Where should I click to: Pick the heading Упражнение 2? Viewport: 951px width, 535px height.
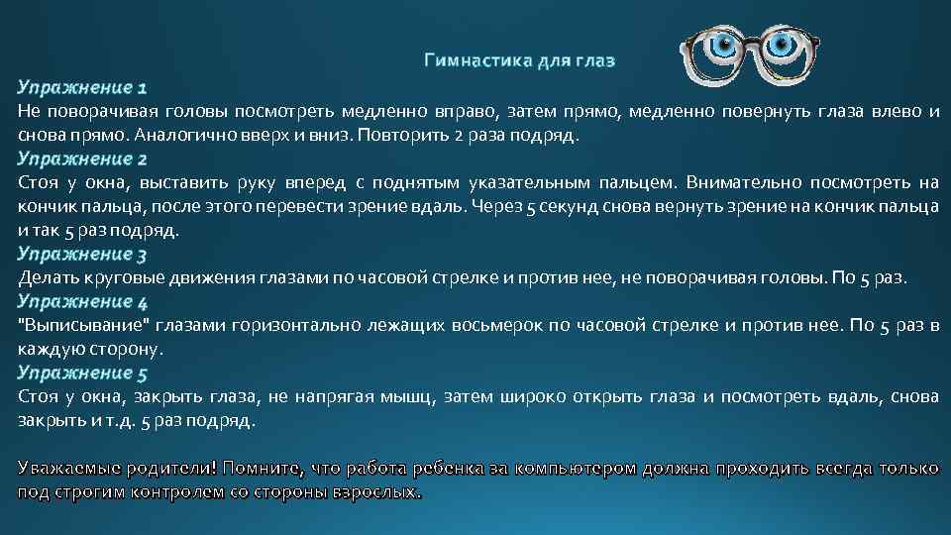[x=82, y=159]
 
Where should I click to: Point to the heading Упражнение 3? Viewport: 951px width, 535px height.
[x=82, y=255]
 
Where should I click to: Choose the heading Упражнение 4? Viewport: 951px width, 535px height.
[x=82, y=301]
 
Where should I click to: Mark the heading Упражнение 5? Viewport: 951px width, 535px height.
[x=82, y=374]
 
